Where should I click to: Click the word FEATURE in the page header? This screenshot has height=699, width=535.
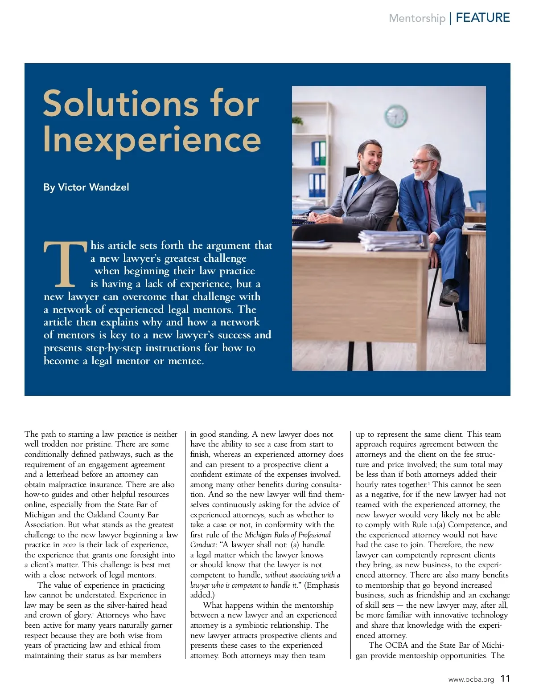pyautogui.click(x=483, y=18)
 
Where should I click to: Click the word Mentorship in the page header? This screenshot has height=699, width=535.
pyautogui.click(x=417, y=18)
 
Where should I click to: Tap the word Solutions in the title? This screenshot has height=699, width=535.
pyautogui.click(x=120, y=103)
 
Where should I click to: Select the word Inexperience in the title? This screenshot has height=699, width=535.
pyautogui.click(x=152, y=139)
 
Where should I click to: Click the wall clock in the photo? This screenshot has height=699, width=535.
pyautogui.click(x=396, y=116)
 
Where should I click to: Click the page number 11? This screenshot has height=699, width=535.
pyautogui.click(x=505, y=679)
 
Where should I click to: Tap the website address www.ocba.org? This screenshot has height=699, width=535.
pyautogui.click(x=471, y=679)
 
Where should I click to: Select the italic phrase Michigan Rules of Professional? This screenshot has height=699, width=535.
pyautogui.click(x=288, y=535)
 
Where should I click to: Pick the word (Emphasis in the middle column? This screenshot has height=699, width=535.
pyautogui.click(x=322, y=585)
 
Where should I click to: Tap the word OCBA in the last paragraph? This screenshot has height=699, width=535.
pyautogui.click(x=396, y=645)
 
